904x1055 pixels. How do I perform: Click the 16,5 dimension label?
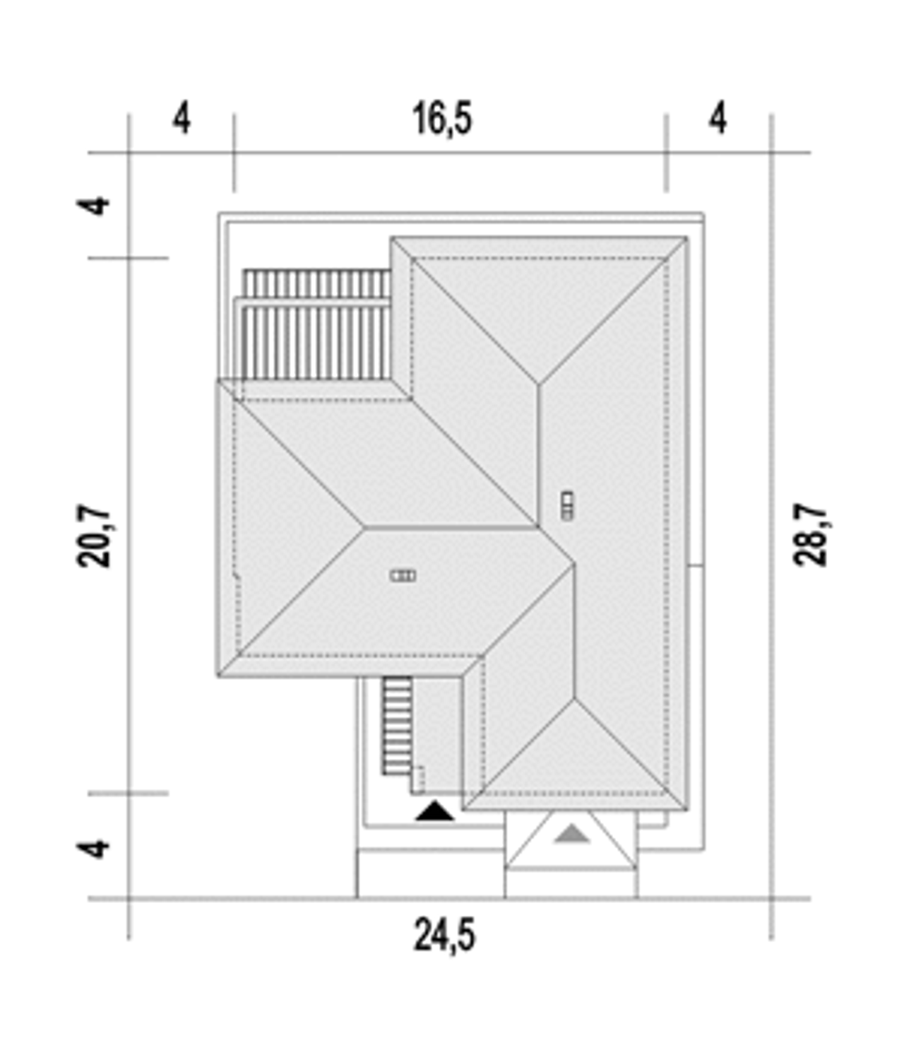click(442, 119)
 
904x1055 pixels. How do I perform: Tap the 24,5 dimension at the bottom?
click(444, 935)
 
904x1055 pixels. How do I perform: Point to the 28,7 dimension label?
click(810, 535)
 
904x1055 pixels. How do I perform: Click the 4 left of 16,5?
click(182, 119)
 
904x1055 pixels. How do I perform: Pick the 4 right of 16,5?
click(718, 119)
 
